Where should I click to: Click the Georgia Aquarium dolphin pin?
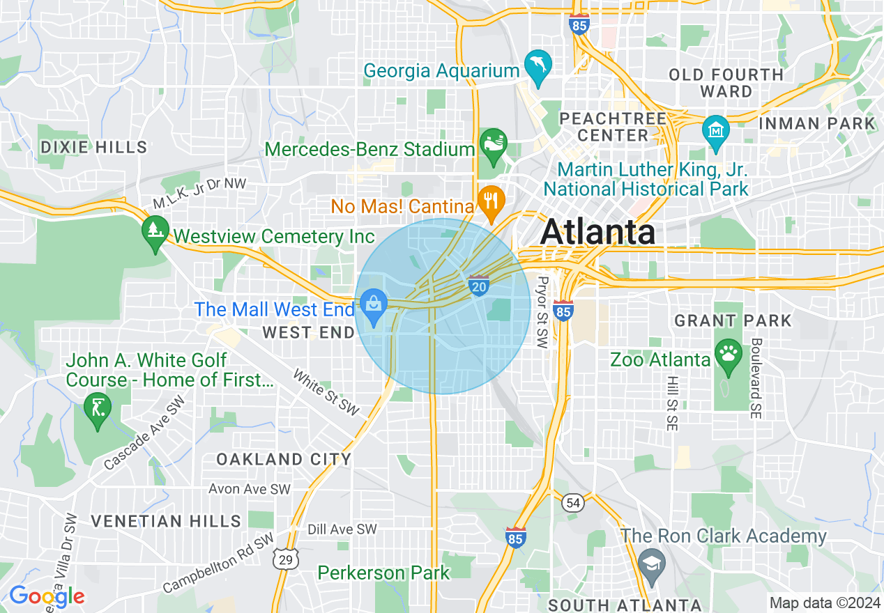pos(538,66)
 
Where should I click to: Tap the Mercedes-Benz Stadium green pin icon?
pos(494,146)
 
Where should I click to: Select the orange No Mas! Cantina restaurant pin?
pos(492,202)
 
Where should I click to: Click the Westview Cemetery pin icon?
pos(154,231)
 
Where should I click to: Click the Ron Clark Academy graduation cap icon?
pos(651,561)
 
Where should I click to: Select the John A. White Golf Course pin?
pos(97,408)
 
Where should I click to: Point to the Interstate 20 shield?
pos(478,286)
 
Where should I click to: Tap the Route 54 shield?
pos(573,503)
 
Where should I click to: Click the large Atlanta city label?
pos(597,232)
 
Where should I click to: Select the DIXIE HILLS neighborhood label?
pos(94,147)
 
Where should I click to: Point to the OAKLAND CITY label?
pos(283,459)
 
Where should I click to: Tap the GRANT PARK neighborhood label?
pos(733,321)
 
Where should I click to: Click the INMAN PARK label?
pos(816,124)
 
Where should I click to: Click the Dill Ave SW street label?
pos(342,529)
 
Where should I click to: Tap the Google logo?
pos(47,596)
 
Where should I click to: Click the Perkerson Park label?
pos(384,573)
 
